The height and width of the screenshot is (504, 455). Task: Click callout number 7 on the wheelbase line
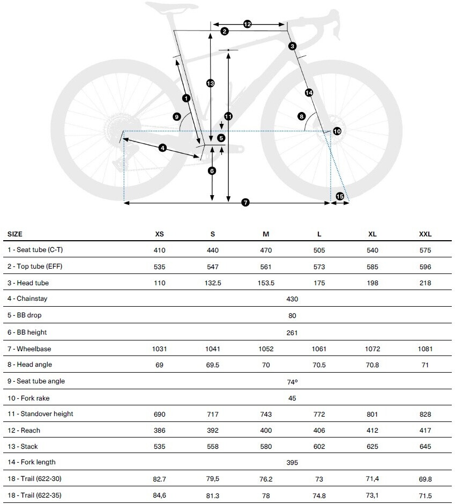[245, 203]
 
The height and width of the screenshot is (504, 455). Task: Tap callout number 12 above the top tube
[247, 24]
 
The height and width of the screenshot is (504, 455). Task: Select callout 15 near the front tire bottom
[340, 196]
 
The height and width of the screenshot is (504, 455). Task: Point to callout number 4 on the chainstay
[162, 148]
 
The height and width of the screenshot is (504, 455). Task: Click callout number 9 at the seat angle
[177, 117]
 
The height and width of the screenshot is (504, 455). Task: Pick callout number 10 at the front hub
[337, 131]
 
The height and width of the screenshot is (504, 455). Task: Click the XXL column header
[425, 234]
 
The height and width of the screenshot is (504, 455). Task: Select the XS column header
[159, 234]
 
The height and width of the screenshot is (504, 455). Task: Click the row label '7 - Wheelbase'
[29, 349]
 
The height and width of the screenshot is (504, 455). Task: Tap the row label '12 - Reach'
[24, 431]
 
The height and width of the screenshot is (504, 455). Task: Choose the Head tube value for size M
[266, 283]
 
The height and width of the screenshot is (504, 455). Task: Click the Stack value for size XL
[372, 447]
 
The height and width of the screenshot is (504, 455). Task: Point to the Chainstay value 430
[292, 299]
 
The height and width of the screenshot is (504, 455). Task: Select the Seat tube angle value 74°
[292, 382]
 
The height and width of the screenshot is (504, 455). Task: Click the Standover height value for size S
[213, 414]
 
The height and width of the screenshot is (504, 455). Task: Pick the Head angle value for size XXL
[425, 365]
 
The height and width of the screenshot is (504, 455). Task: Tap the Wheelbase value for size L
[319, 349]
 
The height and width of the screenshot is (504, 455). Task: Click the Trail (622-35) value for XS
[159, 495]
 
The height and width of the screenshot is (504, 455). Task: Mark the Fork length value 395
[292, 463]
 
